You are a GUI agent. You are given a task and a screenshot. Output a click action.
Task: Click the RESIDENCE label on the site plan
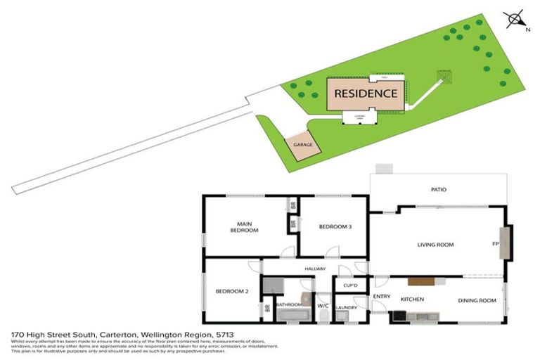(x=366, y=93)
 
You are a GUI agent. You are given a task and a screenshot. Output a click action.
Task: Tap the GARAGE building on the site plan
(x=303, y=144)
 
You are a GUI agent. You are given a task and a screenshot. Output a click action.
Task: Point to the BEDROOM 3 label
(x=335, y=226)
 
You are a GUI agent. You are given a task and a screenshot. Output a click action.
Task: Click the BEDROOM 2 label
(x=233, y=291)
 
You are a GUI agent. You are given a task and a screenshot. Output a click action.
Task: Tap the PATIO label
(x=439, y=189)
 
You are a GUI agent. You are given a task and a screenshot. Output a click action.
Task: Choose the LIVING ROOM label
(x=435, y=245)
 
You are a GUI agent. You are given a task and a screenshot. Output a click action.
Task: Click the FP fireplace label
(x=495, y=245)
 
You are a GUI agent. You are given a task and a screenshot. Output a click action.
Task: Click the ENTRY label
(x=382, y=297)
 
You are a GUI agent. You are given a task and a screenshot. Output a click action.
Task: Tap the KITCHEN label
(x=412, y=300)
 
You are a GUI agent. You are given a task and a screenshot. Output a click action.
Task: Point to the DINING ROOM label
(x=477, y=300)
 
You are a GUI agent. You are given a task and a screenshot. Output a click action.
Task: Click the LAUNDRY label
(x=347, y=307)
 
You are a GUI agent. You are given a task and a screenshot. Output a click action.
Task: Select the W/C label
(x=323, y=306)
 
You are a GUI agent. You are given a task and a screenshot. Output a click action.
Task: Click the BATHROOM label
(x=289, y=304)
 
